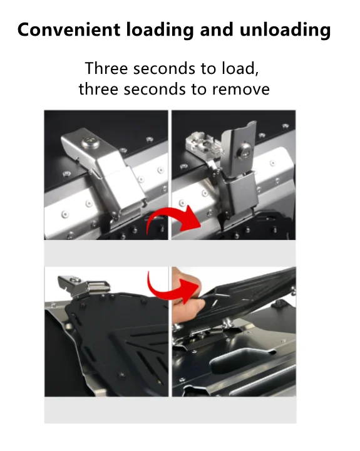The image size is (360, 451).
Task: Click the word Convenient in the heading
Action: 69,29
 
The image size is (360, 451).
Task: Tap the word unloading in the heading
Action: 285,30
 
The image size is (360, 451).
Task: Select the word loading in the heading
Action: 160,30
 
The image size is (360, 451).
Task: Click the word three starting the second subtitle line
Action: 98,89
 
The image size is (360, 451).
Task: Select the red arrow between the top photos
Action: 173,219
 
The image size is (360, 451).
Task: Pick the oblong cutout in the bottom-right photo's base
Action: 242,359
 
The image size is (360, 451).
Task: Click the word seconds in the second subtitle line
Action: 155,90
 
